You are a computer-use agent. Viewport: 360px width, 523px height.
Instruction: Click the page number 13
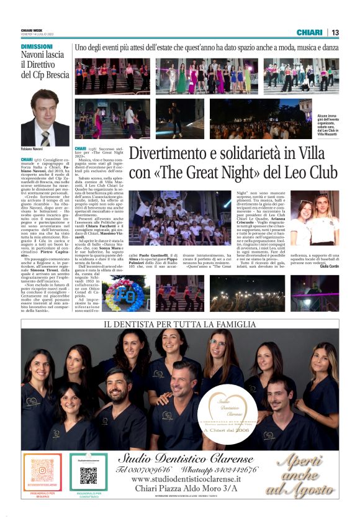click(x=335, y=32)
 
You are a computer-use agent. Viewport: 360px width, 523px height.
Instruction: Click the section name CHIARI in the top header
click(x=309, y=32)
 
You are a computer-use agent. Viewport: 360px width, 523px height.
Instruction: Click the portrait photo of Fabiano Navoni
click(x=45, y=117)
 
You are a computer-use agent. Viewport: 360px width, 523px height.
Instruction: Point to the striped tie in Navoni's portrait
click(x=45, y=138)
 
